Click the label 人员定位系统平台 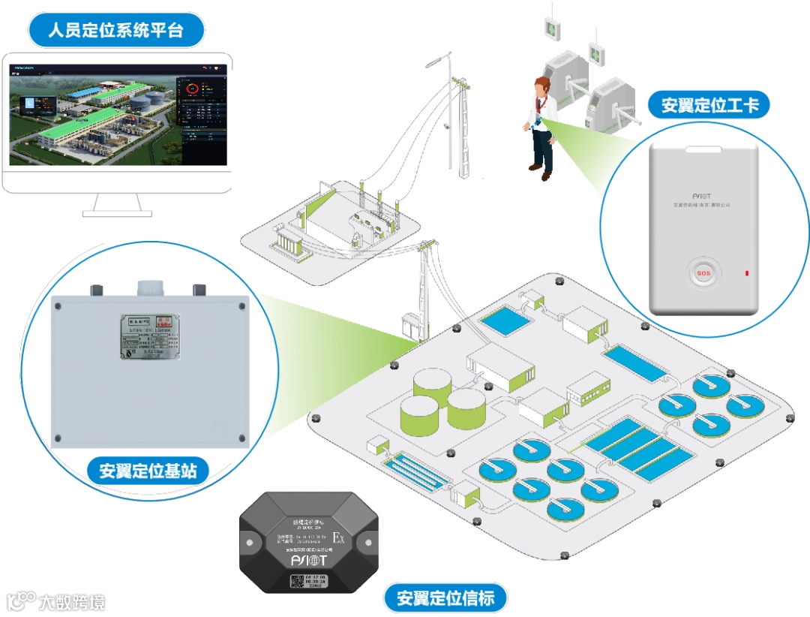115,31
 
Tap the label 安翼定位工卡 709,104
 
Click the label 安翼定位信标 445,598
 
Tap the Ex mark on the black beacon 339,539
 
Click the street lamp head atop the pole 436,59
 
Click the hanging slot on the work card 703,149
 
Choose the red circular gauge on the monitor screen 193,89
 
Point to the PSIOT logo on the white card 702,193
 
